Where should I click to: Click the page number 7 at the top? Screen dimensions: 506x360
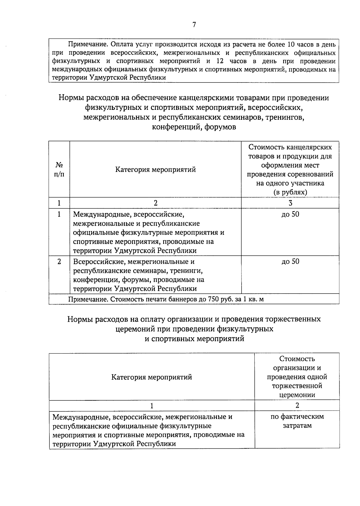coord(194,25)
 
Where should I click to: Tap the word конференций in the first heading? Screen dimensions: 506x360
coord(173,127)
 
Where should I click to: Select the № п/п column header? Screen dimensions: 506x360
coord(59,169)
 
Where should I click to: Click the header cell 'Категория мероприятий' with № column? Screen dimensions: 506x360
coord(155,170)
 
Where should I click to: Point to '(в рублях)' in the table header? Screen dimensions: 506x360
coord(290,192)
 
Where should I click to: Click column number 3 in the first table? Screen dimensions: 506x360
coord(290,203)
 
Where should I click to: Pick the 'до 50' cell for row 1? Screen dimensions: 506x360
coord(290,214)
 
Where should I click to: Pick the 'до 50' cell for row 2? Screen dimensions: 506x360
coord(290,261)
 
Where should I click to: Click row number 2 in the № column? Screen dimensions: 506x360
coord(59,261)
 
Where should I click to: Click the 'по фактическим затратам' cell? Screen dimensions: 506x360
coord(297,421)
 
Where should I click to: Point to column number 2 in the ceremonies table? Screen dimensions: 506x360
coord(297,405)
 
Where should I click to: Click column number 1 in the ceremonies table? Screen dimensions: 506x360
coord(152,406)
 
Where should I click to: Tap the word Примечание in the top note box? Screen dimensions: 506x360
coord(88,45)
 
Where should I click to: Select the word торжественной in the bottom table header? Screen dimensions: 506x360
coord(297,386)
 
